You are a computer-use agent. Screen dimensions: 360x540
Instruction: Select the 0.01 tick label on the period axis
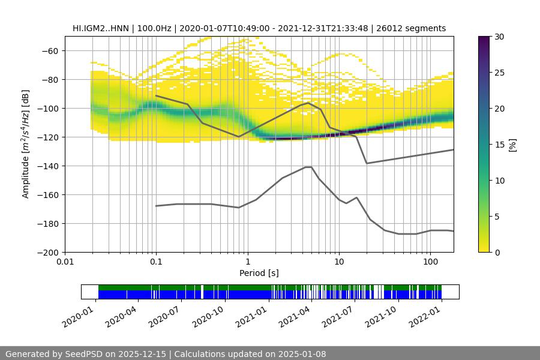(65, 262)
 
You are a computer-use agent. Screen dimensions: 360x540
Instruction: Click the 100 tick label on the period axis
(430, 262)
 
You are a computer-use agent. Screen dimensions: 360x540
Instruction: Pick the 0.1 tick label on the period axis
(156, 262)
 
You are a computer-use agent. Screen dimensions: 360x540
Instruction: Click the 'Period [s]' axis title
(259, 273)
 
